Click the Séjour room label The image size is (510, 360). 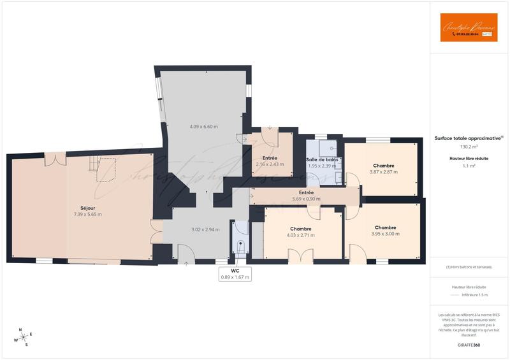(87, 208)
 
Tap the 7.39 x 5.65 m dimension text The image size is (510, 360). (87, 214)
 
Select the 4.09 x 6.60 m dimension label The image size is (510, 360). (204, 127)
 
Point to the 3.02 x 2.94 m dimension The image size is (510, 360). (205, 229)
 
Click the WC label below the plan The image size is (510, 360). (235, 271)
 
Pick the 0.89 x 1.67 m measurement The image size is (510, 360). (235, 277)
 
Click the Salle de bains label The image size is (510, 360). (322, 159)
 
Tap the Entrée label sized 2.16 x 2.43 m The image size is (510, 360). (270, 157)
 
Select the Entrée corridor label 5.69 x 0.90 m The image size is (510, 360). (307, 192)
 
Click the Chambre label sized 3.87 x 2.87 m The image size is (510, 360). (384, 166)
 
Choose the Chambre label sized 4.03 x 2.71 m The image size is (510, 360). (300, 229)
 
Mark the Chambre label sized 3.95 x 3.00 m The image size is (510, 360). (386, 227)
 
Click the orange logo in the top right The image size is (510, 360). (469, 27)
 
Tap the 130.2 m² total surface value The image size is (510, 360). (469, 147)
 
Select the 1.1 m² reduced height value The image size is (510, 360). (469, 166)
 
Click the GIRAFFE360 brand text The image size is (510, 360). (469, 345)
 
